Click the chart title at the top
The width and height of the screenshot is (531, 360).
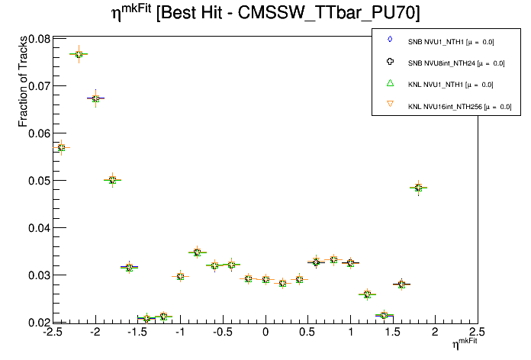pos(265,14)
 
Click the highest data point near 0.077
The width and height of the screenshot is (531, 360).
pos(79,54)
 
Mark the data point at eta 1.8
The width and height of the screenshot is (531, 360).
pos(418,188)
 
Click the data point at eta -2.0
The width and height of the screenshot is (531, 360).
pos(95,98)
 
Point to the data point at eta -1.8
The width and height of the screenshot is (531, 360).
pos(112,180)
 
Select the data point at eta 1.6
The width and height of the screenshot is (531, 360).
pos(401,284)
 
